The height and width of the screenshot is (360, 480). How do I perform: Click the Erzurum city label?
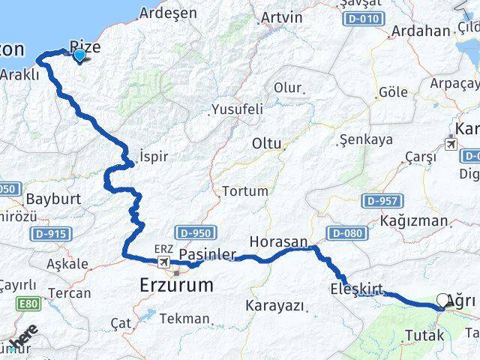[176, 285]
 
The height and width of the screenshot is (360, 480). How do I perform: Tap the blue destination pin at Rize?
[79, 54]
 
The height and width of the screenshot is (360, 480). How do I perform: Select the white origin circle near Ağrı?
[442, 300]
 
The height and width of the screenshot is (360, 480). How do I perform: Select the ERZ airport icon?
[163, 262]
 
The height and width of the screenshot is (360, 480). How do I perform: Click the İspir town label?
[153, 157]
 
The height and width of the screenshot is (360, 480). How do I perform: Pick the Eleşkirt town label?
[356, 289]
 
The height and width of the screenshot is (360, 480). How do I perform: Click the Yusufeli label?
[237, 109]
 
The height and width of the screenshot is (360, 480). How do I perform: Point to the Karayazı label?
[274, 306]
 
